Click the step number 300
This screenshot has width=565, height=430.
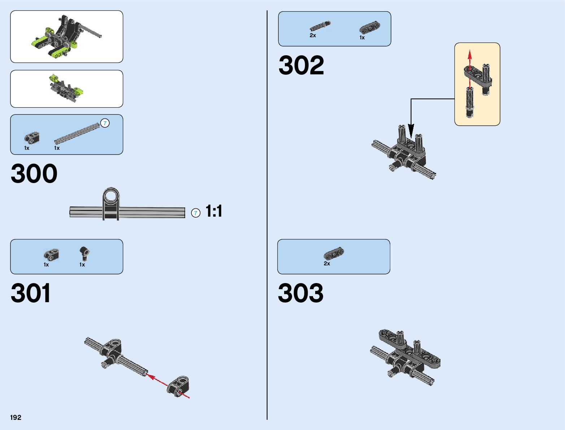click(x=34, y=174)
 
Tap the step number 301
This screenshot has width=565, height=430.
click(x=31, y=293)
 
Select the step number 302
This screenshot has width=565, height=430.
click(x=301, y=65)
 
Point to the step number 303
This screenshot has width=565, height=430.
click(x=300, y=293)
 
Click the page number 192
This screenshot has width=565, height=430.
click(x=16, y=417)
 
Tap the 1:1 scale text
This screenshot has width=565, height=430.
click(x=214, y=211)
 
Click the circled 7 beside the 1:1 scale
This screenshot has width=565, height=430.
click(x=196, y=213)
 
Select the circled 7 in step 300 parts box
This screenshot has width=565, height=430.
click(x=105, y=123)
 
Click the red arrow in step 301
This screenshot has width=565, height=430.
click(x=159, y=381)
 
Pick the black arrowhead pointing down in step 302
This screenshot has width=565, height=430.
click(x=411, y=130)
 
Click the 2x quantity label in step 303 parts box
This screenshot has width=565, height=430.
click(x=327, y=264)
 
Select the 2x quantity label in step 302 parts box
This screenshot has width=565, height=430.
click(x=313, y=35)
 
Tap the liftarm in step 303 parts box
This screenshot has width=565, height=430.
click(x=334, y=254)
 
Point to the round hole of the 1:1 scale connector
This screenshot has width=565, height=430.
click(x=111, y=197)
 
